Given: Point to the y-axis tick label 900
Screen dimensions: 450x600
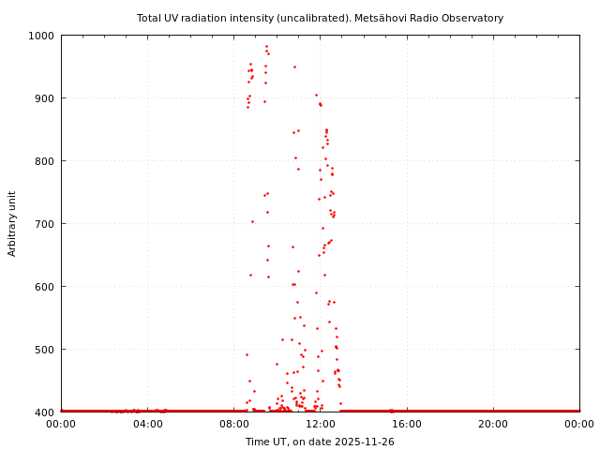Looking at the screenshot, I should pos(44,98).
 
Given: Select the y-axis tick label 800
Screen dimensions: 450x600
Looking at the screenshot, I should pos(44,161).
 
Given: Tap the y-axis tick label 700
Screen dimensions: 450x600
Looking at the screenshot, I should pos(44,224).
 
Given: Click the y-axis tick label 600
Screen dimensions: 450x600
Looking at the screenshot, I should pos(44,287).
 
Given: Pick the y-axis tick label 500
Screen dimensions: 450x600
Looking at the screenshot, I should pos(44,350).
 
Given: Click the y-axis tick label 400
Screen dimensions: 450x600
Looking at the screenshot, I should pos(44,412).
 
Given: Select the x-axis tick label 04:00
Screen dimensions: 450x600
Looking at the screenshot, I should pos(147,425).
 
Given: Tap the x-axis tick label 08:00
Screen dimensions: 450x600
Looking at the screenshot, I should pos(233,425).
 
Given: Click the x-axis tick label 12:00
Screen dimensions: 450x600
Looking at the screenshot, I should pos(320,425).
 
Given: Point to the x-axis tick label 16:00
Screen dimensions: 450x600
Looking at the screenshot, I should pos(407,425).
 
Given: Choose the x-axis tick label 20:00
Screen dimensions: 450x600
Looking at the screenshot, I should pos(493,425).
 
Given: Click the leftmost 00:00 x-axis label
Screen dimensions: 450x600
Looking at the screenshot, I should pos(61,425).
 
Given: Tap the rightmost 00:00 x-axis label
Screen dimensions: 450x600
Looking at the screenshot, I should pos(579,425).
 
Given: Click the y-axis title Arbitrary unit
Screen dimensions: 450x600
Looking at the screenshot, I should pos(13,223).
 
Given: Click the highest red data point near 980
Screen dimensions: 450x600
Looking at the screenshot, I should pos(266,46).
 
